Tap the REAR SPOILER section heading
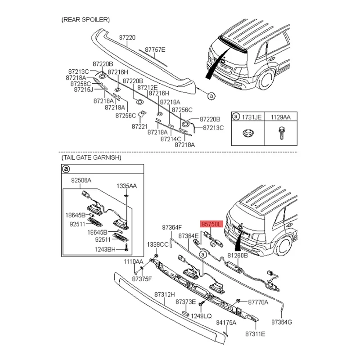[85, 20]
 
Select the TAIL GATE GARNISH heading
[91, 157]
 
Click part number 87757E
[155, 50]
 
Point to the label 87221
[139, 126]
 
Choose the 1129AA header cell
[280, 117]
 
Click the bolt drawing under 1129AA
[281, 133]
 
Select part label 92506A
[81, 180]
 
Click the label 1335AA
[126, 186]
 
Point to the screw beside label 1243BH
[126, 247]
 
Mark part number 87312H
[165, 294]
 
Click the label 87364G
[282, 322]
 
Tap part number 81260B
[238, 255]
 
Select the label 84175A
[226, 323]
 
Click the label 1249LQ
[201, 316]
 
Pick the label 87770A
[258, 302]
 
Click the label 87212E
[148, 87]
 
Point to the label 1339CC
[158, 244]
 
